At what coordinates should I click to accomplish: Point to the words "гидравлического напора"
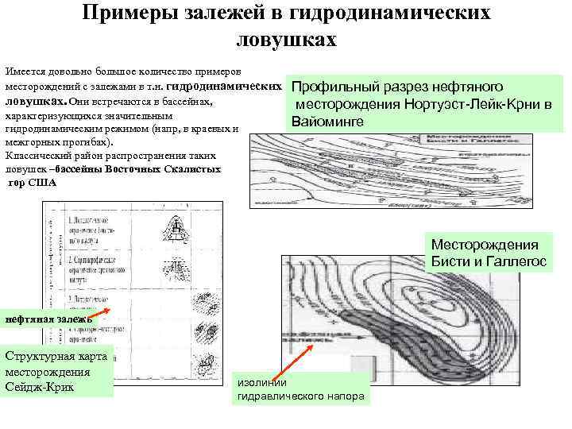click(x=301, y=395)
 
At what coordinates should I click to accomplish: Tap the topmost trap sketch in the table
click(x=181, y=227)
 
